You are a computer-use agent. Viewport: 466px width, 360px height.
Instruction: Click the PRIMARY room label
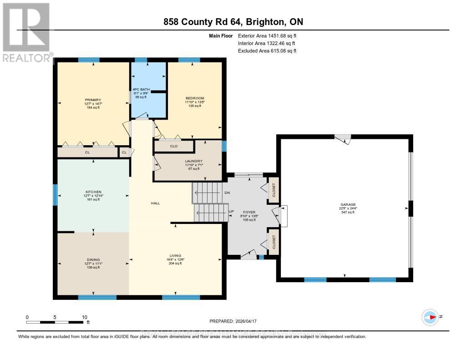coord(92,100)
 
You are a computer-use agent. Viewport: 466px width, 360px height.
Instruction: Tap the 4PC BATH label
coord(139,89)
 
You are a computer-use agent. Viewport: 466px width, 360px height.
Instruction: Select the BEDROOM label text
coord(195,98)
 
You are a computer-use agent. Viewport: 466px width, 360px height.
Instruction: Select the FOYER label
coord(249,212)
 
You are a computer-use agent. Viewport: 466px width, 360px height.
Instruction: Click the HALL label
coord(156,203)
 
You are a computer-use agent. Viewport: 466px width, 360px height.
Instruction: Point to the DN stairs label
coord(228,193)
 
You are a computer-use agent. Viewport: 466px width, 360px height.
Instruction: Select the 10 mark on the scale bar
coord(84,317)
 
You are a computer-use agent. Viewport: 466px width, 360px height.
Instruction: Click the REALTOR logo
coord(26,32)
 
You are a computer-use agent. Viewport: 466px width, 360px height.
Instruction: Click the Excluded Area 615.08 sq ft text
coord(267,51)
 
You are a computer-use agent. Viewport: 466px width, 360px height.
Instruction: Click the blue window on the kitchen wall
coord(55,195)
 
